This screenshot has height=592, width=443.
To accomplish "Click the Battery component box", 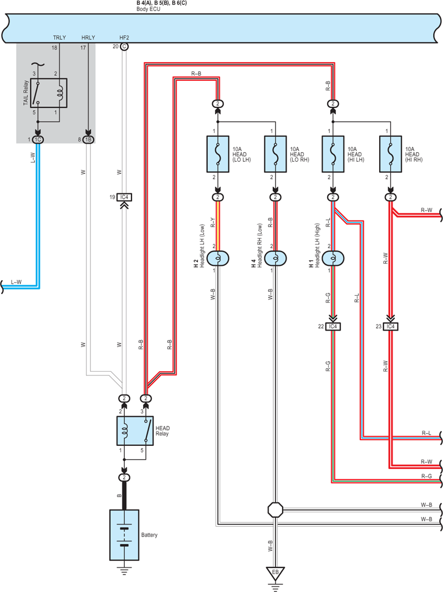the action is (x=124, y=535).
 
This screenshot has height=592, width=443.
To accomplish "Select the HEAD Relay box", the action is (x=135, y=431).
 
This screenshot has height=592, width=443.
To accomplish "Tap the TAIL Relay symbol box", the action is (x=49, y=93).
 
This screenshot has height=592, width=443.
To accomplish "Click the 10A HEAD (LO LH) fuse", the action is (x=218, y=154).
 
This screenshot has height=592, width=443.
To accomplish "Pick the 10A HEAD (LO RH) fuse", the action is (x=275, y=154).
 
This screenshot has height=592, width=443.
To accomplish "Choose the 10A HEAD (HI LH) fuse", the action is (x=333, y=154).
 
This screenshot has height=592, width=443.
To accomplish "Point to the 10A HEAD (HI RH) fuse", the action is (x=390, y=154).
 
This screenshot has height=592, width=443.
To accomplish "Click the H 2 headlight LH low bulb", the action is (x=218, y=258).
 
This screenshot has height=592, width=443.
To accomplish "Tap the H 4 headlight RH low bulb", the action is (x=275, y=258).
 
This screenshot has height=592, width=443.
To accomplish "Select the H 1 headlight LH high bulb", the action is (x=333, y=258).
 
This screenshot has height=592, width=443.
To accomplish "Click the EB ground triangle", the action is (x=275, y=573).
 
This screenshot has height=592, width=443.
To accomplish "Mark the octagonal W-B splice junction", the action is (x=275, y=509).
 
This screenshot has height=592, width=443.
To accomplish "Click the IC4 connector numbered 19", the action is (x=124, y=197).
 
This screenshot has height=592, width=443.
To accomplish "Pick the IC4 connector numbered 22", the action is (x=333, y=326).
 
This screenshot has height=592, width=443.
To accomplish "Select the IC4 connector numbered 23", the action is (x=390, y=326).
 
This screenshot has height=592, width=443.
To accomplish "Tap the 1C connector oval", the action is (x=38, y=140).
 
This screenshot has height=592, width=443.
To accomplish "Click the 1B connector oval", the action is (x=88, y=140).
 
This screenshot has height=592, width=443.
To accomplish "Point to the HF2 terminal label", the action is (x=124, y=37).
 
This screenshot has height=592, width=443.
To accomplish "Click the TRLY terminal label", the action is (x=59, y=37).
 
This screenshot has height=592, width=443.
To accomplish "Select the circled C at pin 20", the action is (x=124, y=47).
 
